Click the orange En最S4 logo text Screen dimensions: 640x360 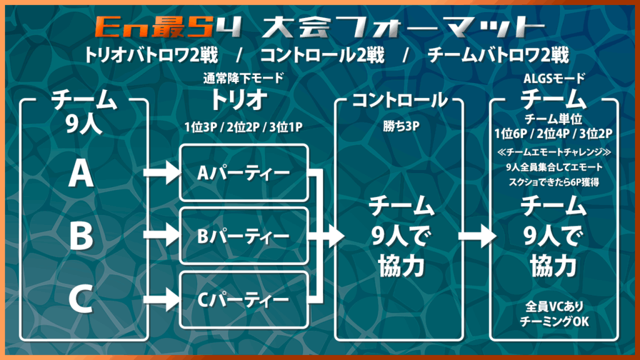click(168, 27)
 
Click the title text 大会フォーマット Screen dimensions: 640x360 click(403, 27)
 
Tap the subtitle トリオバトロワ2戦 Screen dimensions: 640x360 click(151, 55)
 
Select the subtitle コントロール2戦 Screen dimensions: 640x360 click(322, 55)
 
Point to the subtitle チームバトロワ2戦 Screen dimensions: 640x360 click(498, 55)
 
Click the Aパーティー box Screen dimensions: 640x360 click(244, 172)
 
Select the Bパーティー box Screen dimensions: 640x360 click(244, 236)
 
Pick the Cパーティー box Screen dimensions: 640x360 click(244, 300)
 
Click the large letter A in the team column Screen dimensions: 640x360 click(81, 173)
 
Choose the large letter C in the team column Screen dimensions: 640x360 click(81, 299)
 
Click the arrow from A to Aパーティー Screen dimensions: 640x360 click(162, 172)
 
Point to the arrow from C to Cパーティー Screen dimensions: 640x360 click(162, 300)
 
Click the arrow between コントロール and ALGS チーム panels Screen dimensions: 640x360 click(477, 236)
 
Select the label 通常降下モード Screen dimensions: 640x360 click(243, 78)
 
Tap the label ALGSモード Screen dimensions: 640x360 click(554, 78)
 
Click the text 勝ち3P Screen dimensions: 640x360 click(401, 126)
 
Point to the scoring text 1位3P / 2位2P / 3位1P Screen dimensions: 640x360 click(243, 127)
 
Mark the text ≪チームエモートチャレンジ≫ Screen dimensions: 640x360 click(554, 152)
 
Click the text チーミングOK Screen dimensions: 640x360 click(554, 322)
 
